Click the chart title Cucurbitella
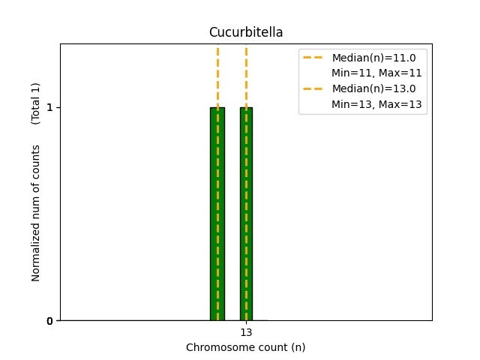pyautogui.click(x=246, y=32)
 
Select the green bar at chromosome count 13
pyautogui.click(x=247, y=214)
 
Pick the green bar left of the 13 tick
pyautogui.click(x=217, y=214)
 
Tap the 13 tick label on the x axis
pyautogui.click(x=246, y=332)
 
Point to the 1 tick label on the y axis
pyautogui.click(x=49, y=107)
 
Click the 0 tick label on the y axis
pyautogui.click(x=49, y=321)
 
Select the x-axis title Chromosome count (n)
pyautogui.click(x=246, y=347)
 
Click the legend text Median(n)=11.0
pyautogui.click(x=373, y=58)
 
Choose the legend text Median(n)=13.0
pyautogui.click(x=373, y=88)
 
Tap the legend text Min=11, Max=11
pyautogui.click(x=376, y=73)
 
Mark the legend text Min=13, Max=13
pyautogui.click(x=376, y=104)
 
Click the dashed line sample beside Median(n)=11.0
pyautogui.click(x=313, y=58)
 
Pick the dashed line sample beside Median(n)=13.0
pyautogui.click(x=313, y=88)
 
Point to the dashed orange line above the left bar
pyautogui.click(x=217, y=76)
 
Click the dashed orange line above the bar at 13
pyautogui.click(x=247, y=76)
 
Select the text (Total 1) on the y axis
pyautogui.click(x=35, y=103)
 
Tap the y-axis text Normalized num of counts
pyautogui.click(x=35, y=213)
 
